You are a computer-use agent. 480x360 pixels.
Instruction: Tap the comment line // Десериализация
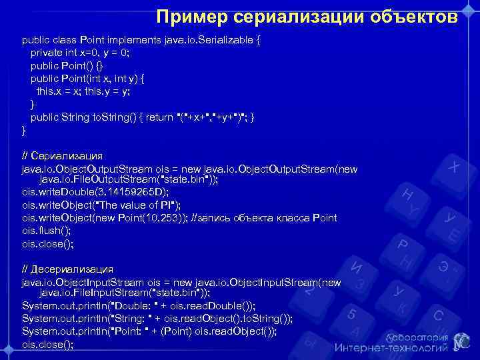pyautogui.click(x=67, y=269)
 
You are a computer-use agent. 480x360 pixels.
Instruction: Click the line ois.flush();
pyautogui.click(x=46, y=231)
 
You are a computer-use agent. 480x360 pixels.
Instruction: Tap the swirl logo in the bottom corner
pyautogui.click(x=460, y=341)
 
